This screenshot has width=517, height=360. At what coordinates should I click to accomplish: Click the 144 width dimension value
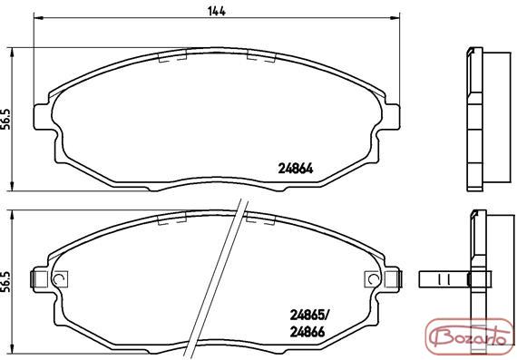(x=217, y=11)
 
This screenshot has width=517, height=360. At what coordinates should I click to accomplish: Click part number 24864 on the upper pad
(x=296, y=169)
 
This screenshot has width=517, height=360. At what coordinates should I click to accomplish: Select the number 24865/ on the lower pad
(x=309, y=316)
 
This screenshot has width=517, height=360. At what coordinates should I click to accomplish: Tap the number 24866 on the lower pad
(x=307, y=332)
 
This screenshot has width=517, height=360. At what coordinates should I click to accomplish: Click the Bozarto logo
(x=471, y=338)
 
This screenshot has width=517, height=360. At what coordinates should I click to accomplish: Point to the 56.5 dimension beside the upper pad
(x=6, y=120)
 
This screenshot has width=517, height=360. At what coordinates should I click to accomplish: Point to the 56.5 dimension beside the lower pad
(x=6, y=282)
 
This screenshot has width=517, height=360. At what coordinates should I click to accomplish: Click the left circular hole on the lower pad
(x=59, y=279)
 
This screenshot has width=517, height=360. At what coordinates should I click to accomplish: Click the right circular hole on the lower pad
(x=374, y=279)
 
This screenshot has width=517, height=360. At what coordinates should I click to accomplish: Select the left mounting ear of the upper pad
(x=44, y=117)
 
